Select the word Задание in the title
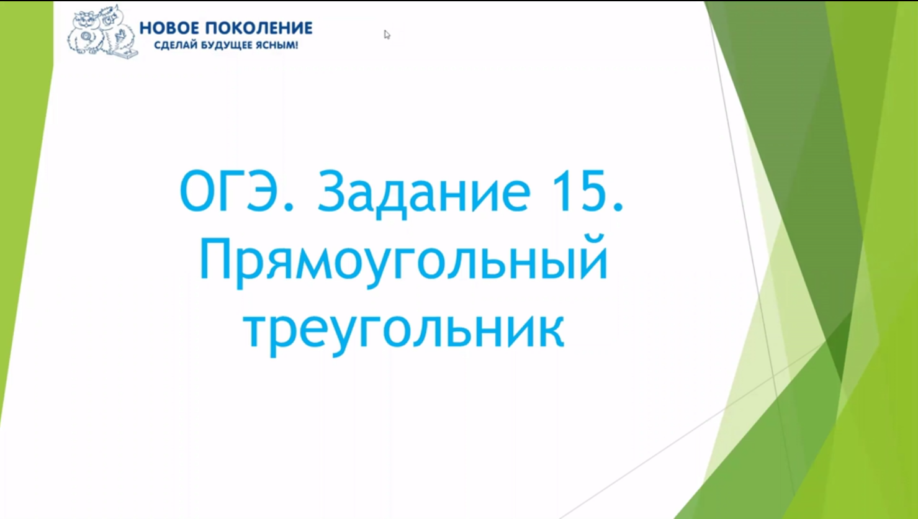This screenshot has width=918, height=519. tap(425, 192)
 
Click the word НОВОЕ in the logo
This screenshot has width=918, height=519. tap(169, 29)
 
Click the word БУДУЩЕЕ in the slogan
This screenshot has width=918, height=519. tap(223, 45)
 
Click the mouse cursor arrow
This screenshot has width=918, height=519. tap(387, 34)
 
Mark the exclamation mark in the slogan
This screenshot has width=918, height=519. tap(296, 45)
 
